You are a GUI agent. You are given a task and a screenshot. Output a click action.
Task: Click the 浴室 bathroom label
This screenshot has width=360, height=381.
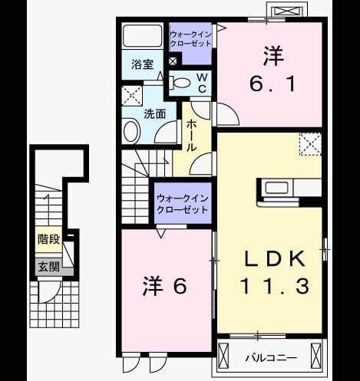coord(143,64)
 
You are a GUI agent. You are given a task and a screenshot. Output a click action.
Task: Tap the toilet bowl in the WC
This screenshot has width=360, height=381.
coord(180,83)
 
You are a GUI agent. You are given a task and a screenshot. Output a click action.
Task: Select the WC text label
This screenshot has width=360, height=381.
coord(202,83)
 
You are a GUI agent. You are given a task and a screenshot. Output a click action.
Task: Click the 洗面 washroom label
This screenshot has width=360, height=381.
coord(155,114)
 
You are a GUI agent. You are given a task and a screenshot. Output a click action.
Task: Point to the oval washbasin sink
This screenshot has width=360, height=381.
coord(131,132)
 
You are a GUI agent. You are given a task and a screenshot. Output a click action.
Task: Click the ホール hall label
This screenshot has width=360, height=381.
coord(191,136)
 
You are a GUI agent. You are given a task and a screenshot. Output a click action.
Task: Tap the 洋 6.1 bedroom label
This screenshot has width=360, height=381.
coord(272,69)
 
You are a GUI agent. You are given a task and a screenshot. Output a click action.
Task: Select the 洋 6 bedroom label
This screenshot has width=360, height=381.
coord(164,285)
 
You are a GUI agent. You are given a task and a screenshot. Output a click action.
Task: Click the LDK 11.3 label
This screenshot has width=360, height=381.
coord(274,272)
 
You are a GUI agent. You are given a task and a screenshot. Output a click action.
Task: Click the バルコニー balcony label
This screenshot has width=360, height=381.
coord(271,358)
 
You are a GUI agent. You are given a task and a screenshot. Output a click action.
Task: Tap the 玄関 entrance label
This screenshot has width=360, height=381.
coord(48,267)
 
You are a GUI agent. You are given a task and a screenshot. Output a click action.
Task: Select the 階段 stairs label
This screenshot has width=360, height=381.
coord(48,239)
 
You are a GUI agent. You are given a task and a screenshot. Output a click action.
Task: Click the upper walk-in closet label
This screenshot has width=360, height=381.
coord(190,39)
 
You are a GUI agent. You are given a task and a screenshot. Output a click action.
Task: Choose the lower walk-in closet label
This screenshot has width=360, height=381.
coord(183,204)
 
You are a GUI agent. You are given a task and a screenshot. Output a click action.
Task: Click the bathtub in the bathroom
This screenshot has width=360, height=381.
coord(142,36)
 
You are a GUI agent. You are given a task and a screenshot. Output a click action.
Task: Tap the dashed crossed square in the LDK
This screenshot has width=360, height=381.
coord(311,144)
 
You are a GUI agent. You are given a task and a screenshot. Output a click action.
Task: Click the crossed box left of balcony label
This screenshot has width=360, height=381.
coord(223,356)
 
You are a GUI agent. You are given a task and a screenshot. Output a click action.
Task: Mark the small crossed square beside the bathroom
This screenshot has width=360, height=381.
coord(173,61)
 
